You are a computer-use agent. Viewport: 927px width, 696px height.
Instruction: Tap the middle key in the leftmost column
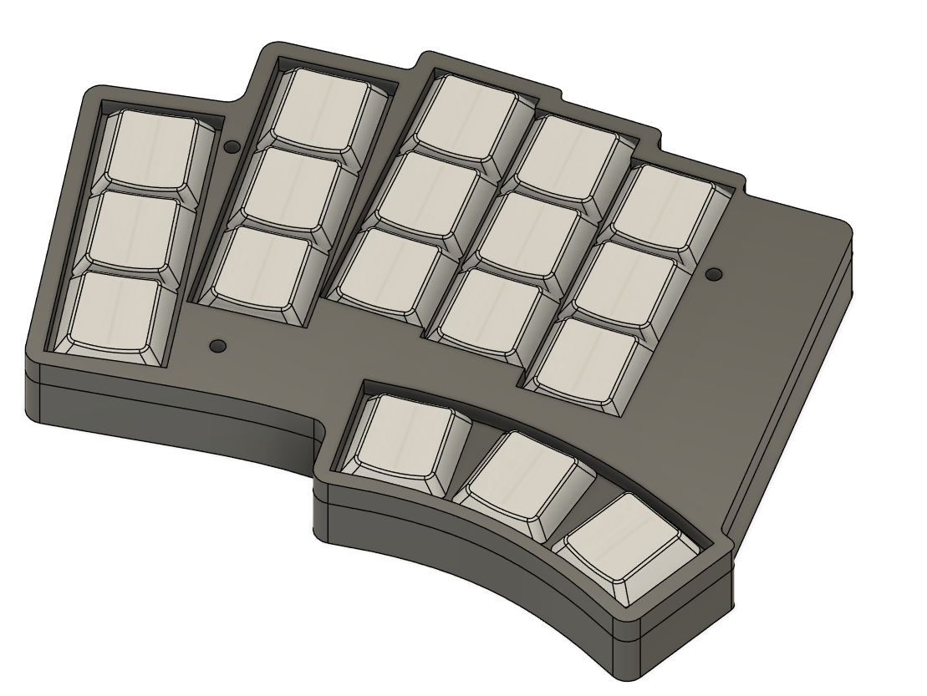(x=136, y=231)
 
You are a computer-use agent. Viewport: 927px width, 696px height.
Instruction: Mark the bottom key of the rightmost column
(x=595, y=358)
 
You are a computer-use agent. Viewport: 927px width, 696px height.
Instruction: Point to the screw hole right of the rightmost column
(x=714, y=274)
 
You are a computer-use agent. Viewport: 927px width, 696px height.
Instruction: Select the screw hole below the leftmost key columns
(x=218, y=344)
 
